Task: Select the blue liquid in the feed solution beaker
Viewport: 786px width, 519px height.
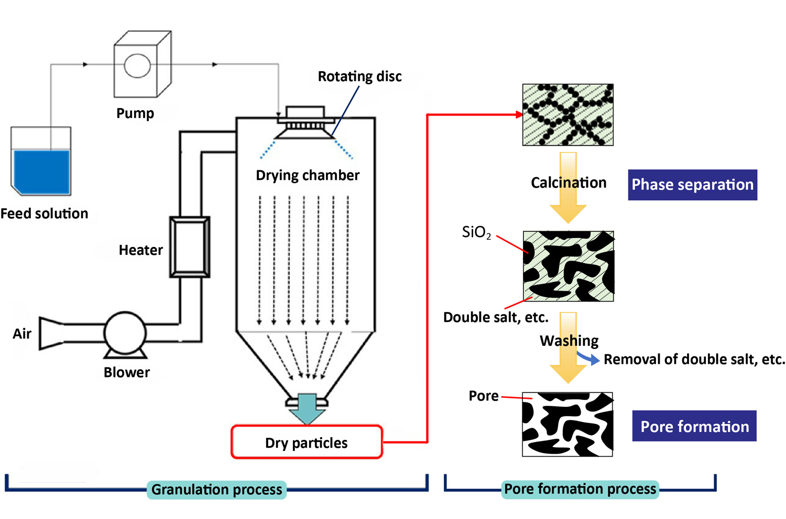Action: pyautogui.click(x=42, y=171)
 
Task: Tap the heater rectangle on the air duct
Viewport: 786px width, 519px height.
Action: pyautogui.click(x=190, y=246)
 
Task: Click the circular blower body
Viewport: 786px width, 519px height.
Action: pyautogui.click(x=125, y=332)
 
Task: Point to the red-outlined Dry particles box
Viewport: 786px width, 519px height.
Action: pyautogui.click(x=307, y=442)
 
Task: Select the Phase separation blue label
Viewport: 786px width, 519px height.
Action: pyautogui.click(x=692, y=185)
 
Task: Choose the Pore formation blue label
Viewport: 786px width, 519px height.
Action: pyautogui.click(x=694, y=426)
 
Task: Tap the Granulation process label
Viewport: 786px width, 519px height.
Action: pyautogui.click(x=216, y=490)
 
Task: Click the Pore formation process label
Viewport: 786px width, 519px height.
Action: pyautogui.click(x=580, y=489)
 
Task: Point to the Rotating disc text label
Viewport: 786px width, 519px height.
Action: pyautogui.click(x=359, y=77)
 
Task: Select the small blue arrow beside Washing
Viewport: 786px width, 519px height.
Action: pyautogui.click(x=589, y=359)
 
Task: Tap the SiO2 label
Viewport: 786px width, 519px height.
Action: pyautogui.click(x=476, y=232)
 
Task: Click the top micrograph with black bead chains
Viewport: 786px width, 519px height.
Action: pyautogui.click(x=568, y=115)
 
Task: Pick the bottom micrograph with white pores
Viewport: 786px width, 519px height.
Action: pyautogui.click(x=567, y=424)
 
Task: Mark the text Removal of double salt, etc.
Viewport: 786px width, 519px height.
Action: pyautogui.click(x=694, y=360)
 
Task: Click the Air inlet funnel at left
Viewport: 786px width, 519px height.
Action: pyautogui.click(x=51, y=333)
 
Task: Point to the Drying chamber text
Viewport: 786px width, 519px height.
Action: pyautogui.click(x=308, y=175)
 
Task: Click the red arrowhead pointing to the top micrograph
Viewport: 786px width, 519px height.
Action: pyautogui.click(x=519, y=114)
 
